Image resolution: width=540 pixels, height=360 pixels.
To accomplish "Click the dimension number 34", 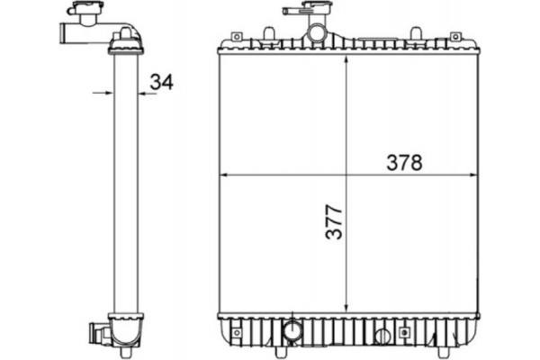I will click(x=161, y=82).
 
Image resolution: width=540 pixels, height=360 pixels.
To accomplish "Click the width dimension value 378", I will click(x=404, y=163).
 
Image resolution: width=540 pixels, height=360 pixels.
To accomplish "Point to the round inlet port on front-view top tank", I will click(x=316, y=34).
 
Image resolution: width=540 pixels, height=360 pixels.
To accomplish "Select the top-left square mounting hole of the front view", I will click(x=236, y=37).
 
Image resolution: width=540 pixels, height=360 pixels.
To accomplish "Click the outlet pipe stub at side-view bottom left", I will click(x=94, y=333).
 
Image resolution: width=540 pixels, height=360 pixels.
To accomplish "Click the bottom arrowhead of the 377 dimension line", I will click(x=347, y=308).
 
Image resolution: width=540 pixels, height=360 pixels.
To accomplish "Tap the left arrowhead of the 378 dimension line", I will click(x=225, y=175).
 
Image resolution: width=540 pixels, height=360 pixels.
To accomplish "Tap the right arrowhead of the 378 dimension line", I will click(x=473, y=175).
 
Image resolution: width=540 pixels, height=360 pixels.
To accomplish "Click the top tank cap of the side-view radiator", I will click(x=126, y=39).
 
